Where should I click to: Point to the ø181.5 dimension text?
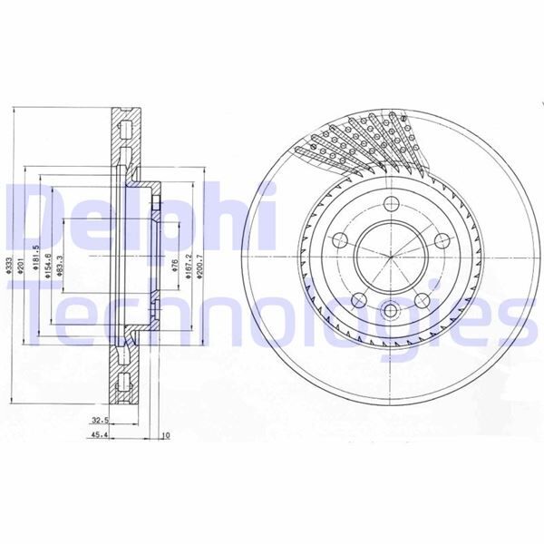[34, 264]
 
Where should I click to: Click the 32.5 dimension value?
[101, 421]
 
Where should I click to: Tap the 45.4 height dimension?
[101, 434]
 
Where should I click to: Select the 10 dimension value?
[164, 434]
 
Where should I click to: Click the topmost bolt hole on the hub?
[392, 204]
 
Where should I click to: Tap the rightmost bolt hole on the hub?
[442, 240]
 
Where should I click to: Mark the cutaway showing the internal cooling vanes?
[363, 141]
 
